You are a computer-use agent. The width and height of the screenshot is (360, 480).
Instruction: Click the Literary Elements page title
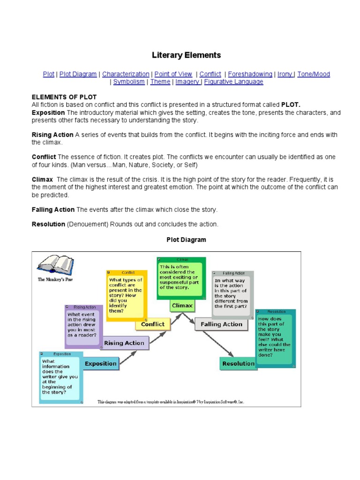click(186, 55)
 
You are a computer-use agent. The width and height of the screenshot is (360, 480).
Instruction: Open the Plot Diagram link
click(78, 74)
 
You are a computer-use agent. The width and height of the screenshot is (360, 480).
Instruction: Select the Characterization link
click(126, 74)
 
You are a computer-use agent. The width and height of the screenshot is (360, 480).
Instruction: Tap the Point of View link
click(173, 74)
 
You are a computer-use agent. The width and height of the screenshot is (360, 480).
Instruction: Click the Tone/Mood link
click(314, 74)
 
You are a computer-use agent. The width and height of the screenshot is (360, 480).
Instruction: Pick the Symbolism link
click(129, 82)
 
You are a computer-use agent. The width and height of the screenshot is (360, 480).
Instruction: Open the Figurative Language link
click(233, 82)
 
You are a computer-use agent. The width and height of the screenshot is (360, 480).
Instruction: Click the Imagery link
click(187, 82)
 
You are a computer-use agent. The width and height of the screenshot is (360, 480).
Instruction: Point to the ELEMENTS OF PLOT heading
click(64, 97)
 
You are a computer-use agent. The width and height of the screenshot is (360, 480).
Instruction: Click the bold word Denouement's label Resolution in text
click(48, 225)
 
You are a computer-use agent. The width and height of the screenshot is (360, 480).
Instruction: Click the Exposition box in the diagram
click(100, 363)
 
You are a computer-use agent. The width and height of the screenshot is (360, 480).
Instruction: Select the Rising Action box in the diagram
click(124, 343)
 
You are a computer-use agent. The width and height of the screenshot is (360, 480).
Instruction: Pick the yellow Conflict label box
click(153, 324)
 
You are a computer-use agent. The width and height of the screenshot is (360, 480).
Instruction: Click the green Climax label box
click(182, 306)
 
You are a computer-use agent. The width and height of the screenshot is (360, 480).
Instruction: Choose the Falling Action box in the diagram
click(221, 324)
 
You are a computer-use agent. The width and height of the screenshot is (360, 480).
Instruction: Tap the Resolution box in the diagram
click(238, 363)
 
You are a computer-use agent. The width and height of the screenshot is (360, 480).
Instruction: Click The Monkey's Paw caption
click(54, 279)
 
